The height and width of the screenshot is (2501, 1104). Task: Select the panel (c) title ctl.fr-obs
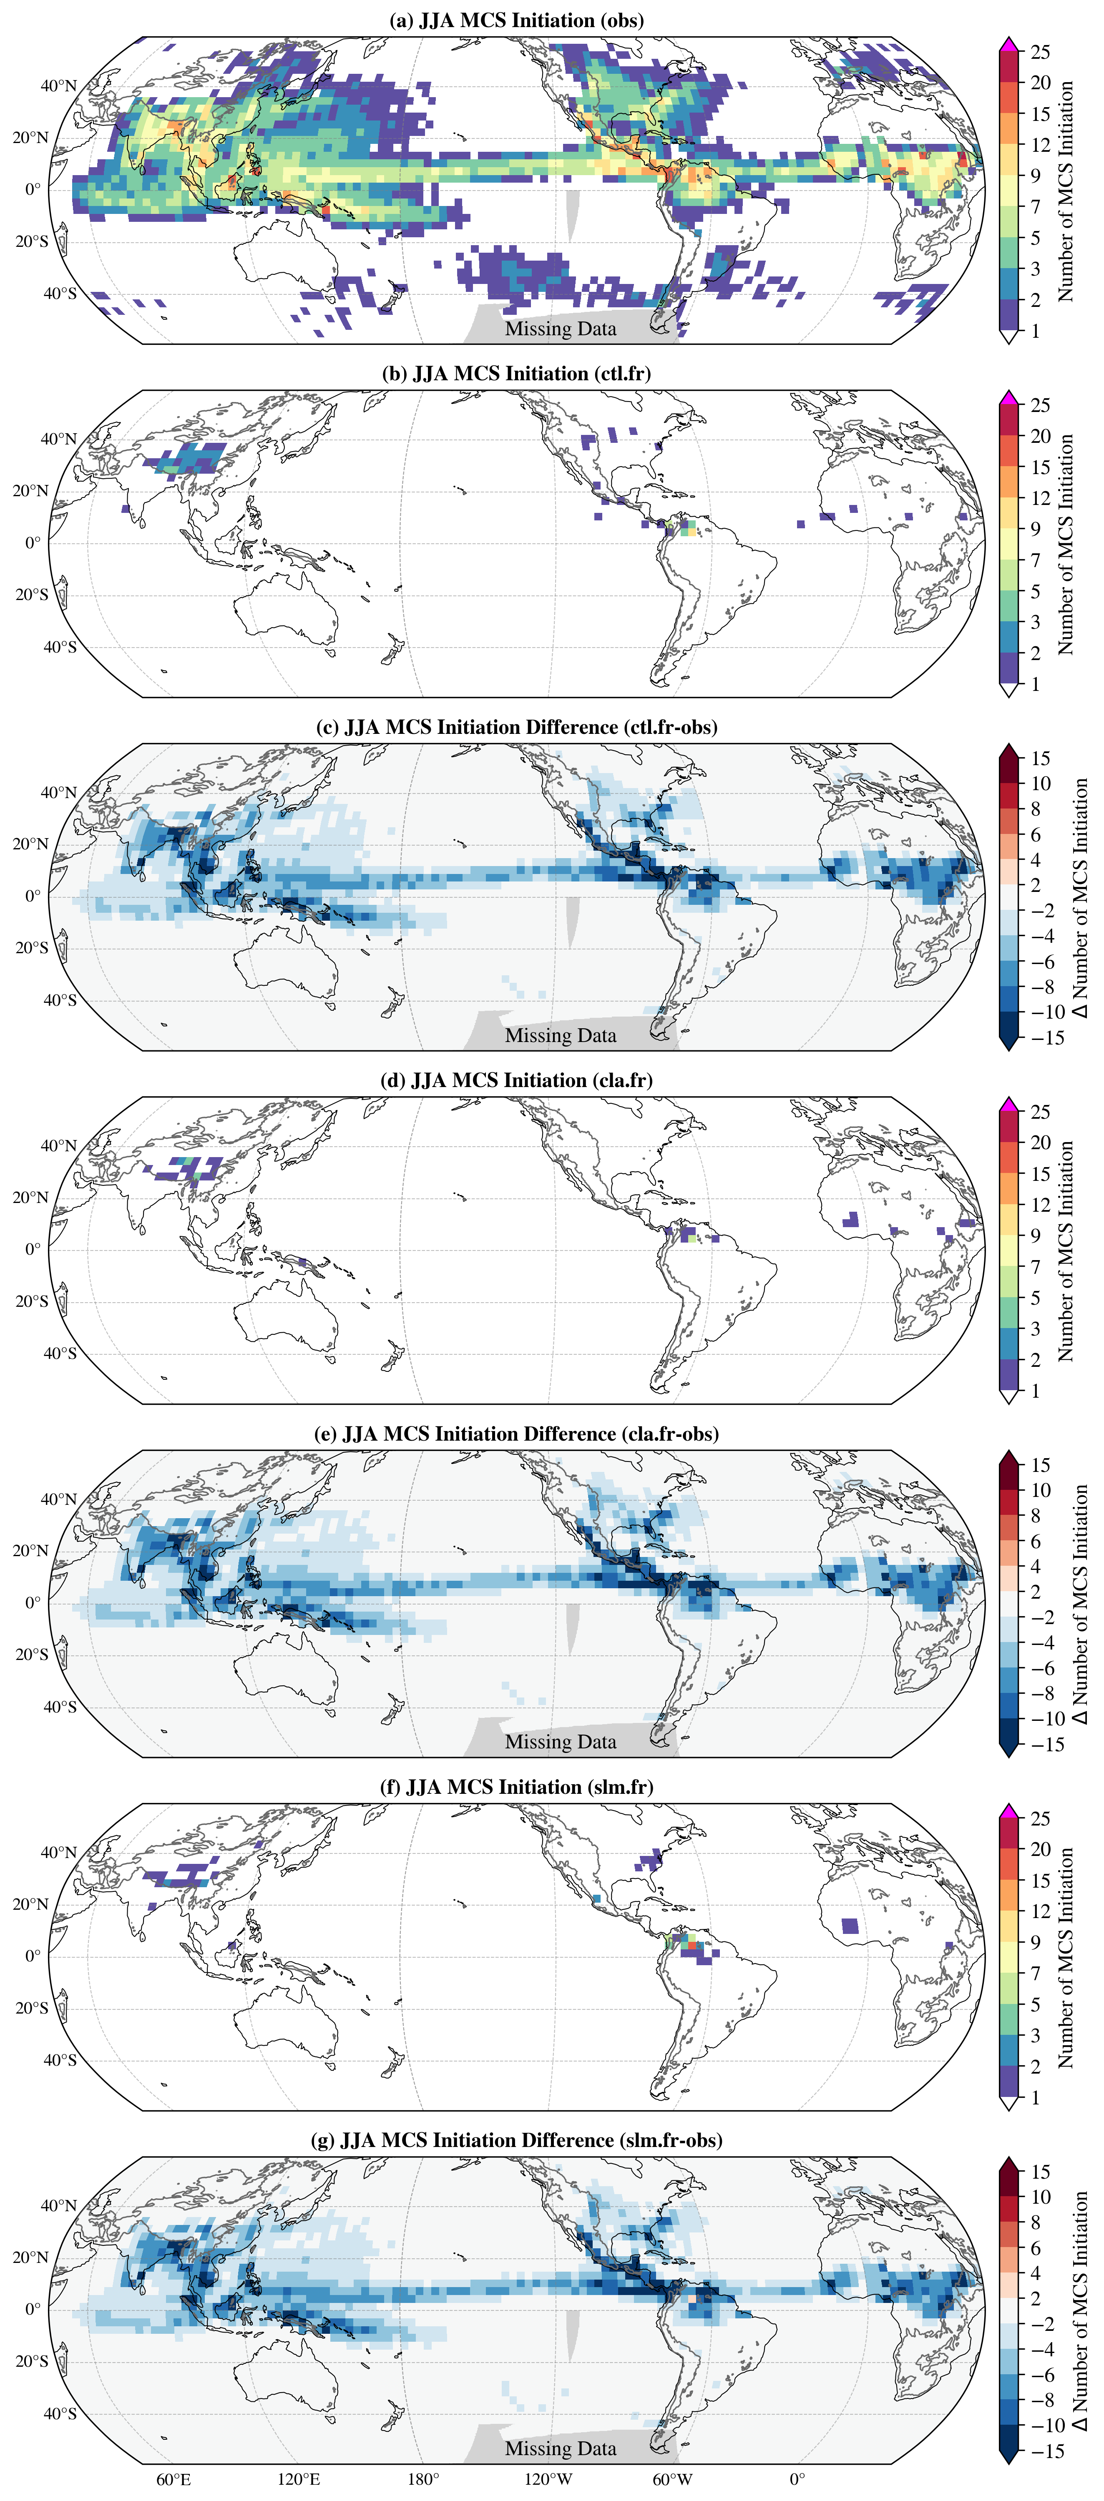click(517, 727)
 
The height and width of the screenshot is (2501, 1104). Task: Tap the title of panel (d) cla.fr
click(517, 1081)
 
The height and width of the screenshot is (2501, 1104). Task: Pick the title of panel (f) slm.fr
click(517, 1788)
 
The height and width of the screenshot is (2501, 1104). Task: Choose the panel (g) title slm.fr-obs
click(517, 2141)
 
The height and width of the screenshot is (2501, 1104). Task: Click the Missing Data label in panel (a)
click(560, 329)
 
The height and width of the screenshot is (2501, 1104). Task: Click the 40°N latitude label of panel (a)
click(58, 85)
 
